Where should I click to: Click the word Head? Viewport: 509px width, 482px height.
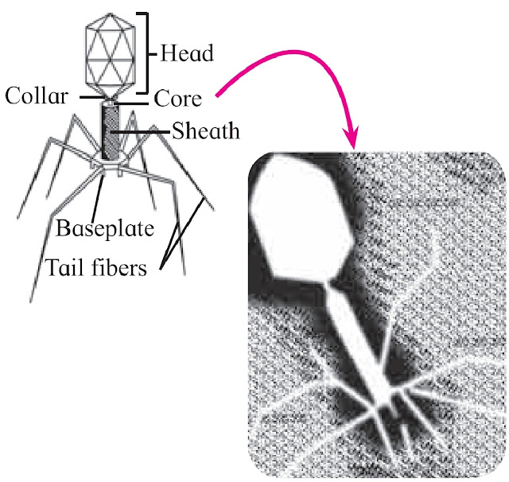click(x=187, y=54)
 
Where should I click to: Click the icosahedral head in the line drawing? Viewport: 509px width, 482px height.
click(x=111, y=52)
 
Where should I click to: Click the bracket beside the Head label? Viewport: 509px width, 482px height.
click(x=149, y=52)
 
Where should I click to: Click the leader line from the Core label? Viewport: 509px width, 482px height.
click(x=137, y=101)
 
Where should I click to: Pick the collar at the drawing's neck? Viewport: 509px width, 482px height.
click(x=110, y=99)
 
